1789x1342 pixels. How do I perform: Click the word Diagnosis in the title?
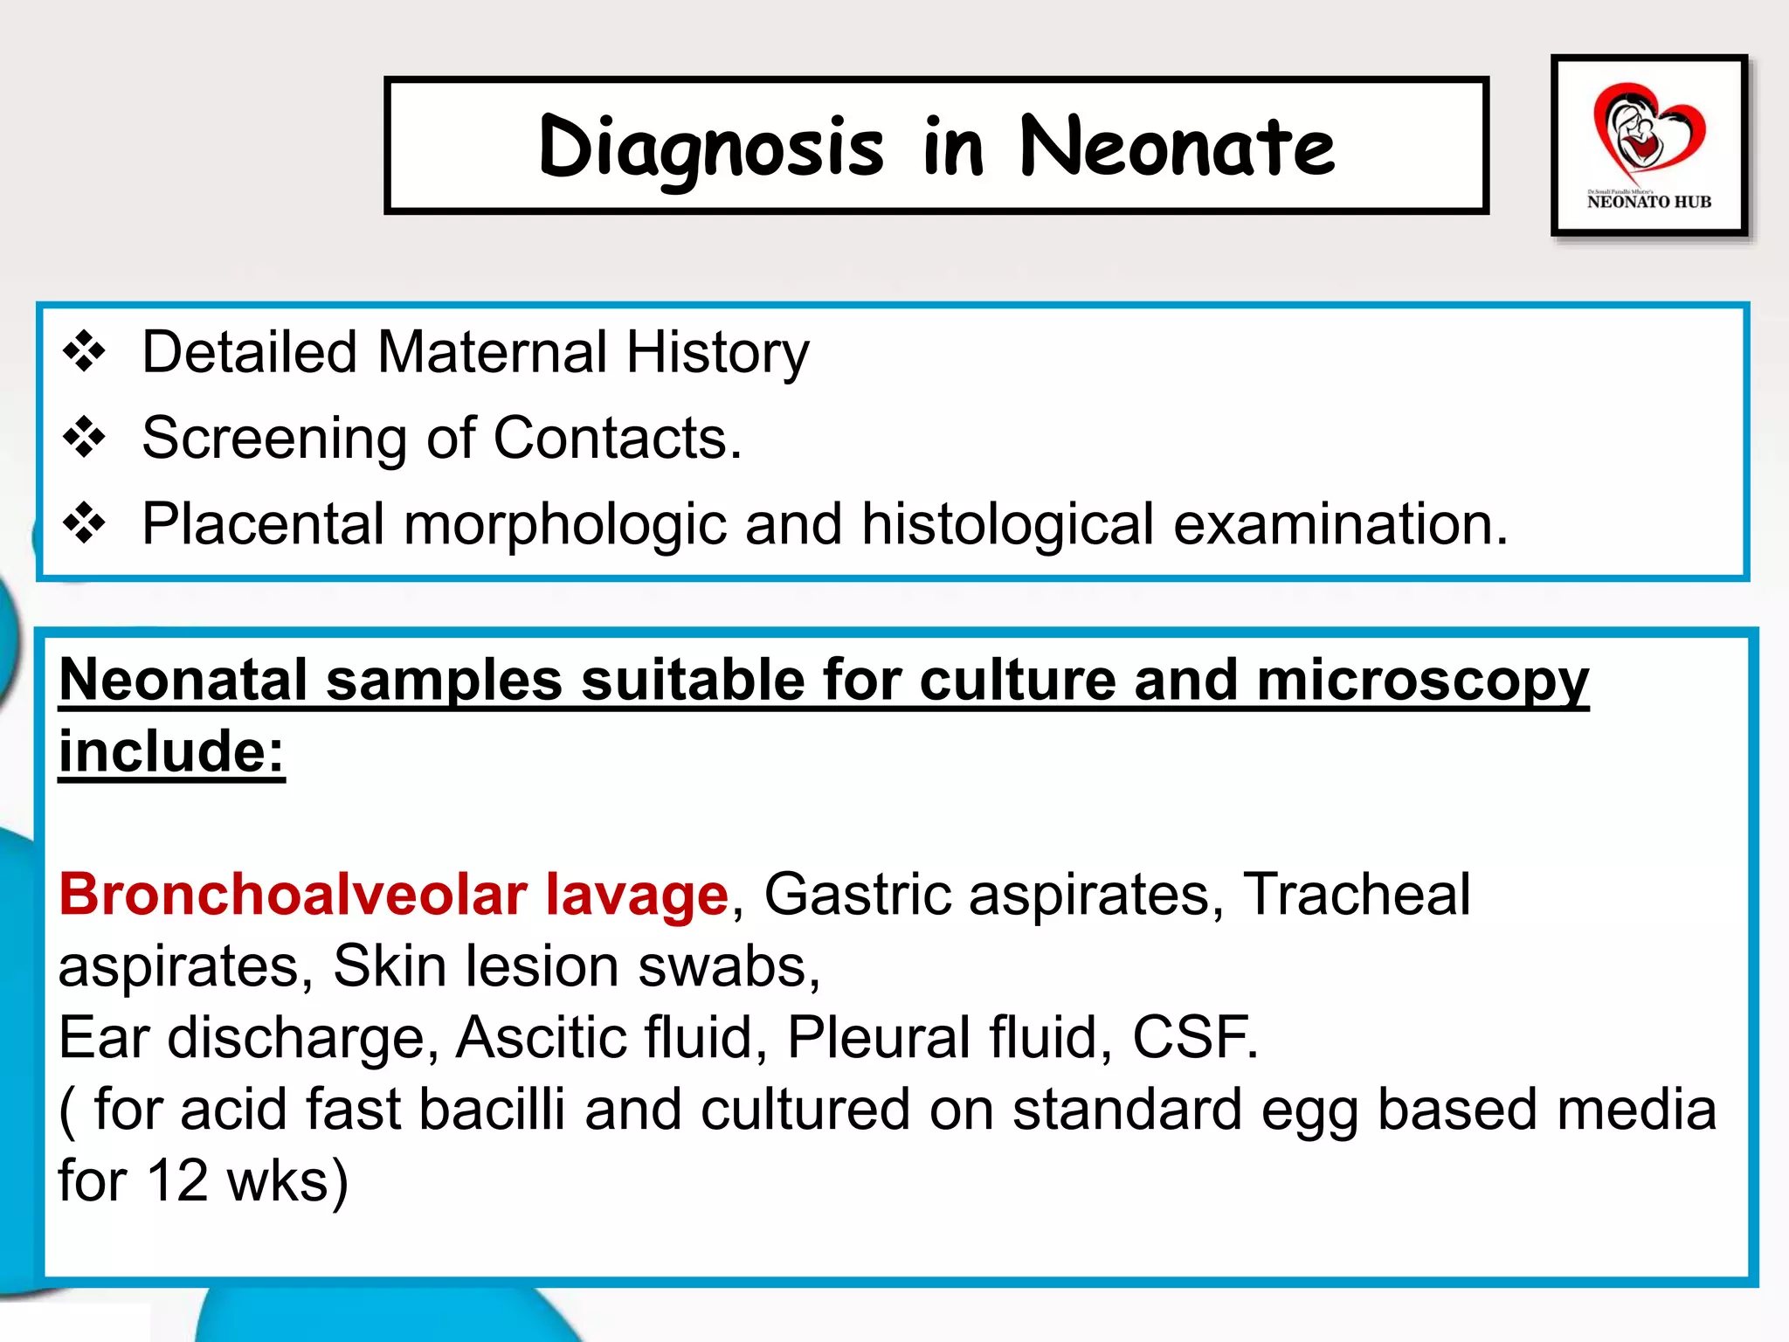coord(711,147)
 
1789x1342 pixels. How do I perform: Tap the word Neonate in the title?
coord(1178,147)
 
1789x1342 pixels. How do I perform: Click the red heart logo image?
coord(1647,131)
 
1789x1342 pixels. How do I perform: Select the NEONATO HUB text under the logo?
coord(1648,202)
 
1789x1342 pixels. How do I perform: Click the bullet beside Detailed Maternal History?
coord(85,352)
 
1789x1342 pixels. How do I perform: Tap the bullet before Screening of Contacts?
coord(85,438)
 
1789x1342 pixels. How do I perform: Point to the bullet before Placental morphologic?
coord(85,523)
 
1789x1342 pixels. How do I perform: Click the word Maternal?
coord(492,352)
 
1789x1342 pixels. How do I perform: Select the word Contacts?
coord(617,438)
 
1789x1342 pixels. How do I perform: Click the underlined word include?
coord(172,751)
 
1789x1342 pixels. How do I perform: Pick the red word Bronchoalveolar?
coord(293,895)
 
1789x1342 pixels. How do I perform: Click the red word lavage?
coord(637,895)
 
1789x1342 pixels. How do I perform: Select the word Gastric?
coord(857,895)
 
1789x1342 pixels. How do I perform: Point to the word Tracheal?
coord(1357,895)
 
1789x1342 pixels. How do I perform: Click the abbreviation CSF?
coord(1195,1038)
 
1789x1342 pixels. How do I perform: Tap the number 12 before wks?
coord(177,1180)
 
